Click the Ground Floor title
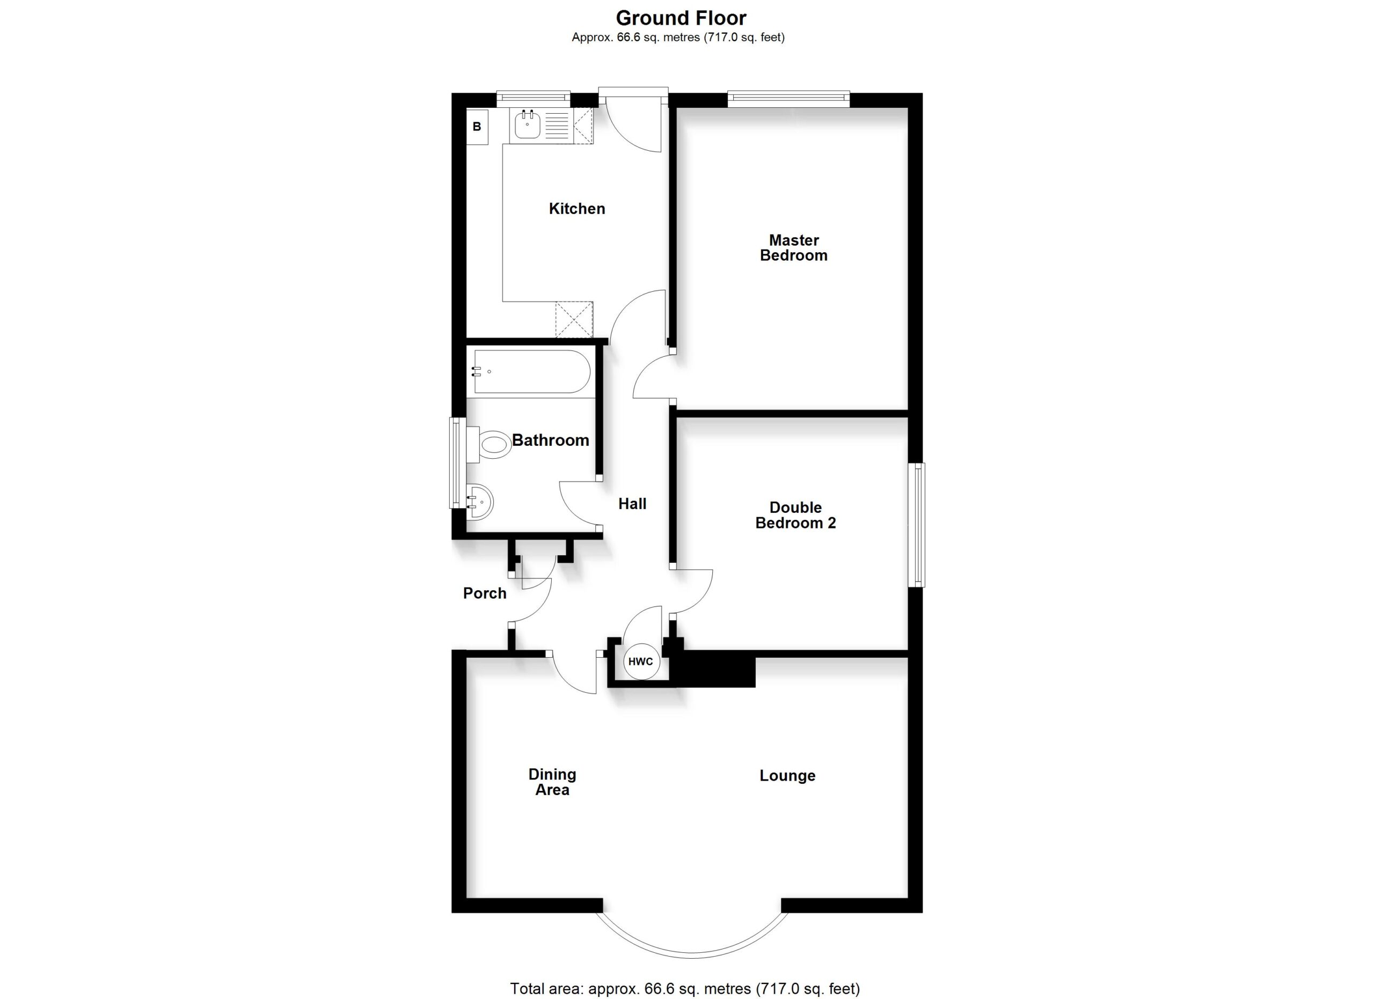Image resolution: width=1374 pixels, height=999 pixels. point(681,18)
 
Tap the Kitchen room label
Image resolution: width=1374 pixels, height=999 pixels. point(577,209)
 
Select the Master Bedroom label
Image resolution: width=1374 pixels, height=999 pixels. point(794,248)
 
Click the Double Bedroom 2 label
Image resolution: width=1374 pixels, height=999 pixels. point(795,515)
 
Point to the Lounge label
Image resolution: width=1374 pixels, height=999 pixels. point(787,776)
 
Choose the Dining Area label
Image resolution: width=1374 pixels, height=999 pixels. point(552,782)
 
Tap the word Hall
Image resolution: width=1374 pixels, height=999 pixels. point(632,504)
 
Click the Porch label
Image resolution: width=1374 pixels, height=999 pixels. point(485,593)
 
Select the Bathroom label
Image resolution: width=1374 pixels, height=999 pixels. point(550,440)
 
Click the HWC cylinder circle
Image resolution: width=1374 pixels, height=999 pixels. point(640,662)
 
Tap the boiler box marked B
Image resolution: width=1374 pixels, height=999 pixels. point(477,127)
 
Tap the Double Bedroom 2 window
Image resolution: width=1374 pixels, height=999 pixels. point(918,525)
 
